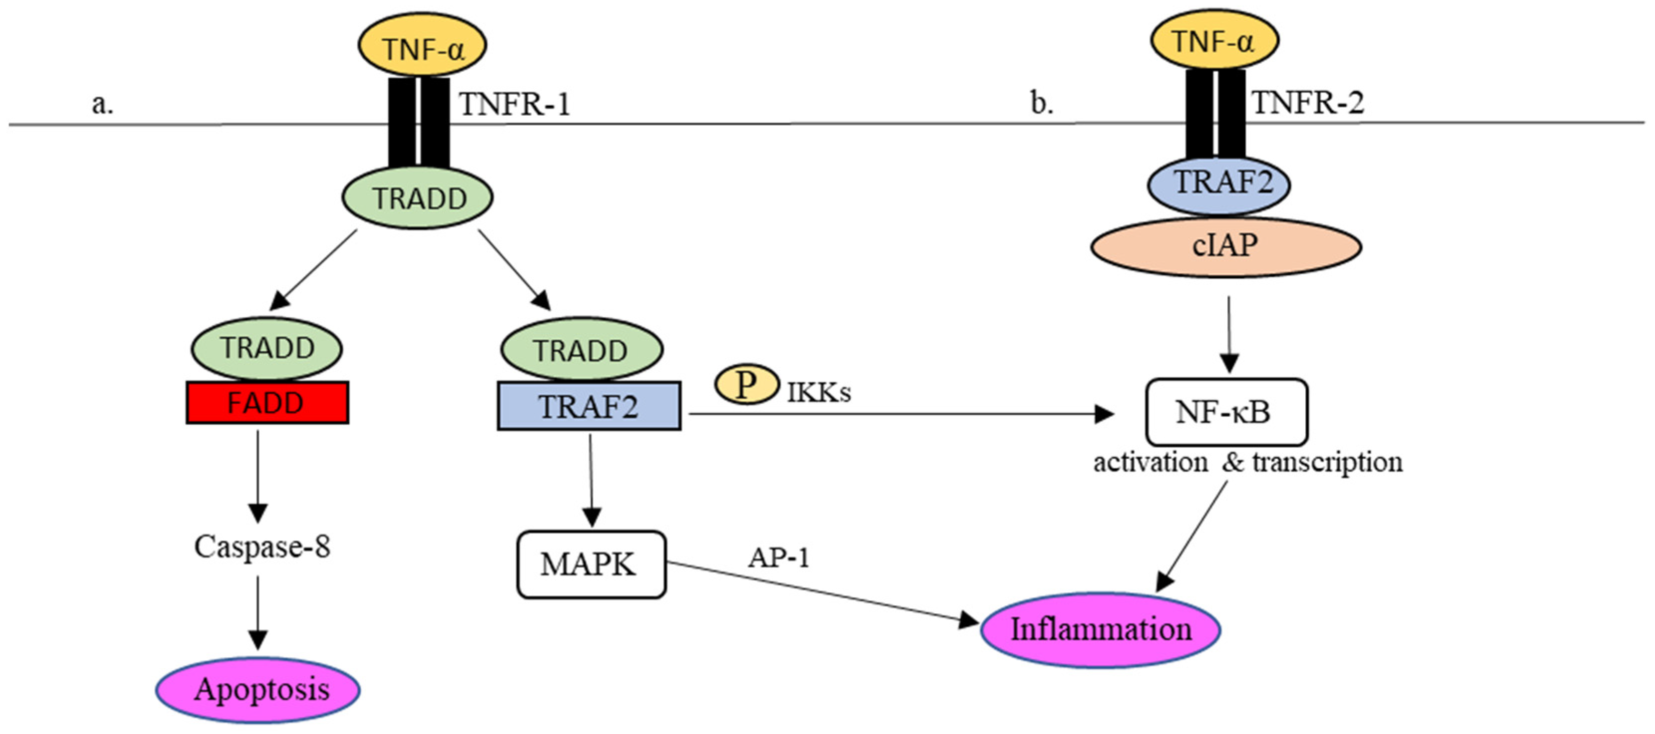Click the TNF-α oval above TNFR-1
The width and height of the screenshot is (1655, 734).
pos(422,47)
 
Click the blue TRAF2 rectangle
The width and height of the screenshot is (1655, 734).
pos(588,406)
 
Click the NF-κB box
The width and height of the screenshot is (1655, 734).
pos(1226,412)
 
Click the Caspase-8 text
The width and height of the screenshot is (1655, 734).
pos(262,547)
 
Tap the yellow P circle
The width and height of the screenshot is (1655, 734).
pos(746,384)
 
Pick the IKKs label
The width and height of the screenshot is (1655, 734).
pos(818,392)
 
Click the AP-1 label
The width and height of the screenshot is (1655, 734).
pos(778,557)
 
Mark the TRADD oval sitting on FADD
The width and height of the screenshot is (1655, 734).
pos(266,349)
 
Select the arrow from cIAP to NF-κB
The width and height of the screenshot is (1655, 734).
pos(1229,334)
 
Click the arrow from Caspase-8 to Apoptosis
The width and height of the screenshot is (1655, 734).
pos(257,613)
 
